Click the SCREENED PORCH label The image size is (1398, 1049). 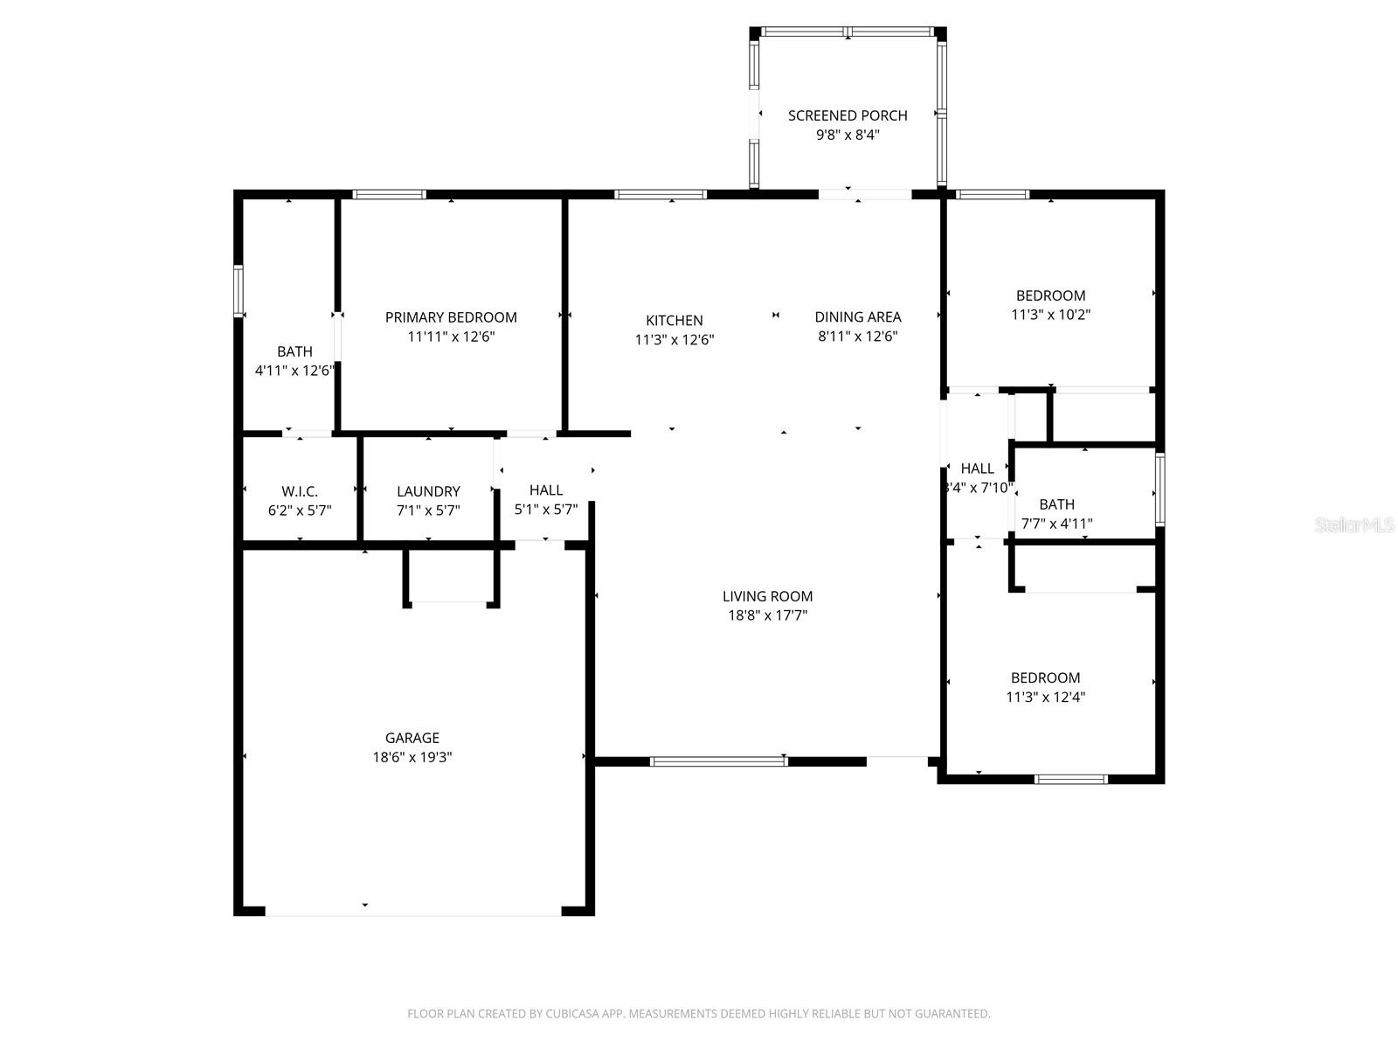coord(847,115)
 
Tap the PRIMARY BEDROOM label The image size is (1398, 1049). coord(451,317)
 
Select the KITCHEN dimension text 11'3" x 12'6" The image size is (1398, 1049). coord(675,340)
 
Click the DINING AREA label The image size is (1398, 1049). coord(857,317)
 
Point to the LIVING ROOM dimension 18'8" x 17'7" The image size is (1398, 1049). coord(767,615)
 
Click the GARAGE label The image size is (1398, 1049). coord(412,738)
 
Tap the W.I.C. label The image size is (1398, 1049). coord(300,491)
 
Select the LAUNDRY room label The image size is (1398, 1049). coord(428,491)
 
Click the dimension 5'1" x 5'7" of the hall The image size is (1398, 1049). coord(545,511)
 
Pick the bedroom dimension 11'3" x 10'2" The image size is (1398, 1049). coord(1050,315)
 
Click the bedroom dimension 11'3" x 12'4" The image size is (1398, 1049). coord(1045,698)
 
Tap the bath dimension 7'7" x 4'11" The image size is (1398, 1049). coord(1056,524)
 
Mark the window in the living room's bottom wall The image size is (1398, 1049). coord(719,761)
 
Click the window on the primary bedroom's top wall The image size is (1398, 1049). coord(390,194)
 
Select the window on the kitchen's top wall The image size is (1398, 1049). coord(660,194)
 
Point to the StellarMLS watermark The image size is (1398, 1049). coord(1355,524)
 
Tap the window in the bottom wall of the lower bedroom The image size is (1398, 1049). coord(1070,779)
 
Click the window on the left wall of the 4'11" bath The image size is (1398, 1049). coord(238,290)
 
